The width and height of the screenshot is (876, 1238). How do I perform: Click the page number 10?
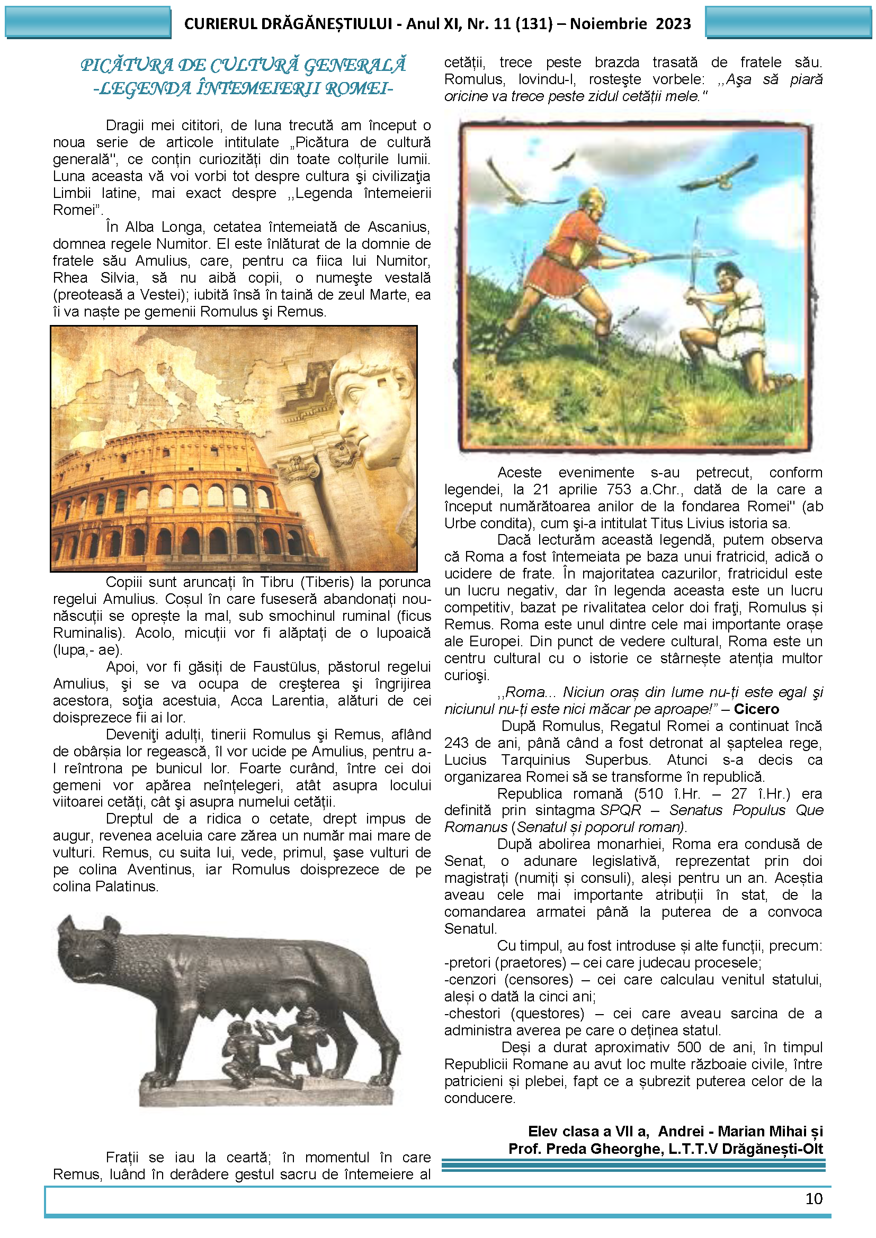tap(814, 1198)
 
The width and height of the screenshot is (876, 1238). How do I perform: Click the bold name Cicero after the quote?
tap(756, 709)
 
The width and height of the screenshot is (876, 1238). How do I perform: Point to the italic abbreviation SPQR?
tap(620, 810)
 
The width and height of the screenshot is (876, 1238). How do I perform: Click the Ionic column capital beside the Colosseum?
tap(298, 467)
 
